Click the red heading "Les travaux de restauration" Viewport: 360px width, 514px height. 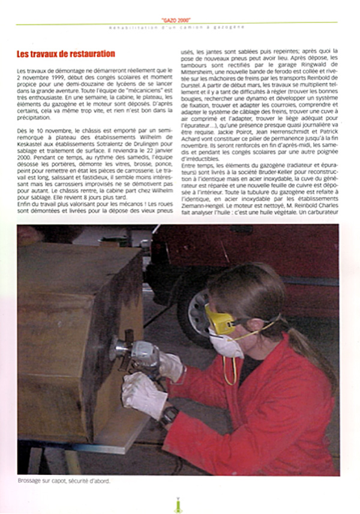[66, 54]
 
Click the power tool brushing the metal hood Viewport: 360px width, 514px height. [135, 354]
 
